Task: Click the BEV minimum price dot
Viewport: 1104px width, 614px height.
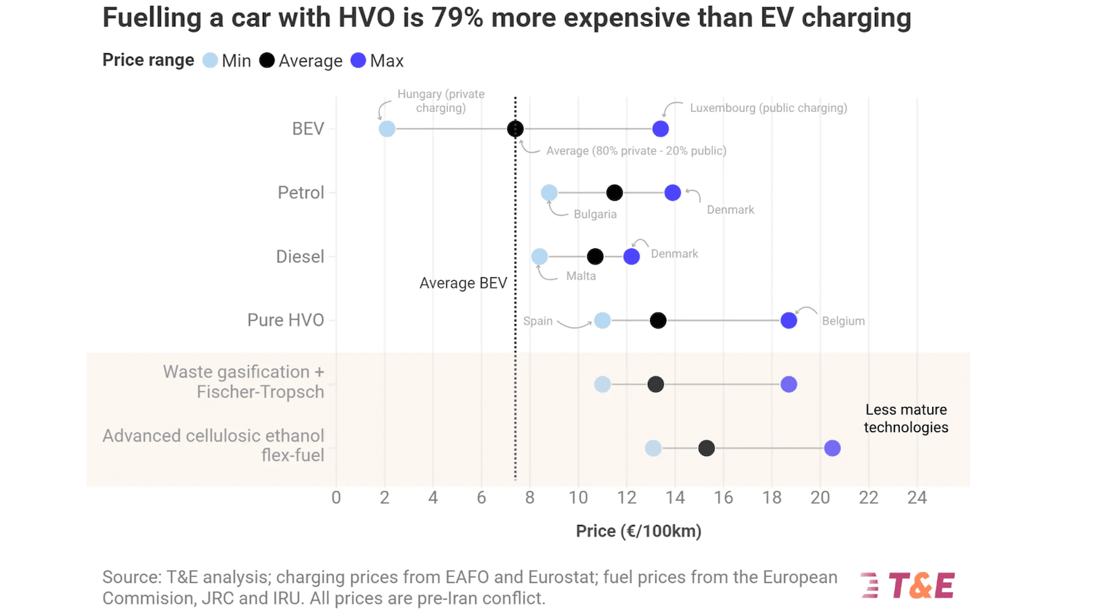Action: click(x=387, y=129)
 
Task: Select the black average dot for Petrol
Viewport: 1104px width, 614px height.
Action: click(x=614, y=193)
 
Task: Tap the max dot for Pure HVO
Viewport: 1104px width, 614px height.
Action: click(x=789, y=321)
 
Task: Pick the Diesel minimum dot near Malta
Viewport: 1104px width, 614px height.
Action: click(x=540, y=257)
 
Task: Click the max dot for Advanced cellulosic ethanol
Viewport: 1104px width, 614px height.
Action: click(x=832, y=448)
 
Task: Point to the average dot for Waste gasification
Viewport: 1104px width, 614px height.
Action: click(x=655, y=384)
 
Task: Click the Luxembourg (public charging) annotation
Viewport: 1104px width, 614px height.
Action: click(x=768, y=108)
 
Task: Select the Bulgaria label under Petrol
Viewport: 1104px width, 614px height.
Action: click(x=595, y=215)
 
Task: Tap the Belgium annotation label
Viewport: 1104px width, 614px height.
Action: click(x=843, y=321)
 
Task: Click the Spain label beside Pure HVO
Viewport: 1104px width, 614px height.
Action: click(x=538, y=321)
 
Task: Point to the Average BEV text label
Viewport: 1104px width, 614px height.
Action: click(x=463, y=284)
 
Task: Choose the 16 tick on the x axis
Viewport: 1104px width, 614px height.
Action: click(x=723, y=498)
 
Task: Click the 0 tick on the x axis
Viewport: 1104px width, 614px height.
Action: click(x=336, y=498)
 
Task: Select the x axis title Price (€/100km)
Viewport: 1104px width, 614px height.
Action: click(x=638, y=531)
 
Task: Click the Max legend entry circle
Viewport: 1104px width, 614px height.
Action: click(x=358, y=61)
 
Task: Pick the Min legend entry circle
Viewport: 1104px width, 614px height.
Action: click(x=210, y=61)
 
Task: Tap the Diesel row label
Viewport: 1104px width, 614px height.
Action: click(x=299, y=257)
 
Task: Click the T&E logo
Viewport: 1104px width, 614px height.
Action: click(x=908, y=586)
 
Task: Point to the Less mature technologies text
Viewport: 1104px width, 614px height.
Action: click(x=906, y=419)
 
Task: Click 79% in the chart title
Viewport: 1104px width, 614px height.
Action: click(x=457, y=18)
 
